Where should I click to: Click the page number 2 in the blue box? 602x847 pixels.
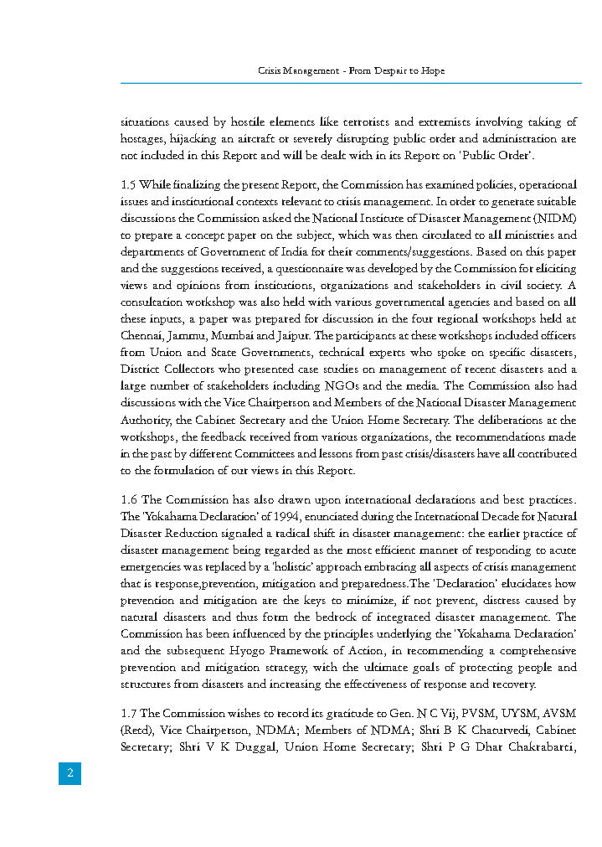pyautogui.click(x=69, y=773)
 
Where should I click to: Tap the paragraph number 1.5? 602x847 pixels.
pyautogui.click(x=128, y=184)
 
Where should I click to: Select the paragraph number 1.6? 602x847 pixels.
pyautogui.click(x=129, y=500)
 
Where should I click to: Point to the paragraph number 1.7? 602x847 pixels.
pyautogui.click(x=128, y=713)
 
